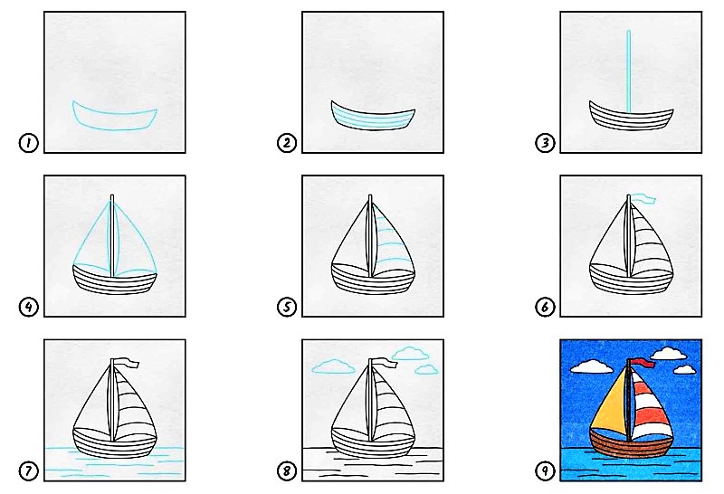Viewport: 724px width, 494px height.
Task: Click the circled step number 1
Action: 28,143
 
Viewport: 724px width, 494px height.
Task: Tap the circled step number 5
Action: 286,307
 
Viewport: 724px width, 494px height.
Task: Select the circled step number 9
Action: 545,470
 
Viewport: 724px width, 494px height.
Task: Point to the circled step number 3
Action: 545,143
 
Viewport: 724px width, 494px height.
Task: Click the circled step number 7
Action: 28,470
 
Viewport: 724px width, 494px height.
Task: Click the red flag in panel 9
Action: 643,364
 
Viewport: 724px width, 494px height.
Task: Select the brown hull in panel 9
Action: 631,442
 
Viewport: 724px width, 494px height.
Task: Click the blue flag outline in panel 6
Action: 643,199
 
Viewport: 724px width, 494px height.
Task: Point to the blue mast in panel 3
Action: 628,71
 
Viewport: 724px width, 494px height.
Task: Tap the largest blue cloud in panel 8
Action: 411,353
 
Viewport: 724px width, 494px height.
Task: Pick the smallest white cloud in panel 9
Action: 684,370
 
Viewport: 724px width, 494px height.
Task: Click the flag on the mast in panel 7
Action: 127,363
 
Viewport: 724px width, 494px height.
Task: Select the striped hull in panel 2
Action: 373,116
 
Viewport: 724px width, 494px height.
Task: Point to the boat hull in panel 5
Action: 373,279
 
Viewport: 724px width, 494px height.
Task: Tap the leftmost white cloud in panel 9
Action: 592,367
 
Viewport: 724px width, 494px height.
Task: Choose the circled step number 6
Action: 545,307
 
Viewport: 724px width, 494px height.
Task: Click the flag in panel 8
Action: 385,363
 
